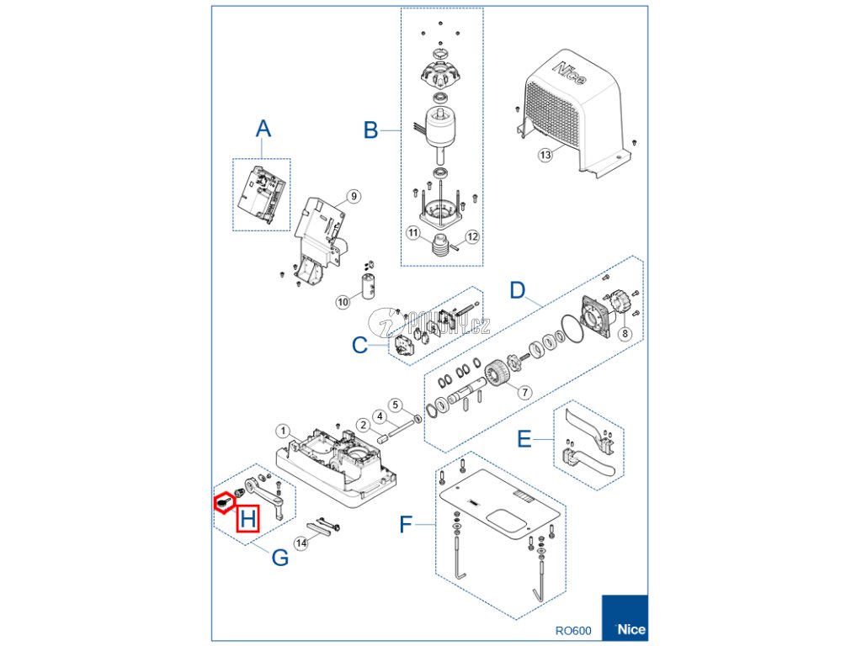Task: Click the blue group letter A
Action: (x=263, y=129)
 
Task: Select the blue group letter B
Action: (x=370, y=130)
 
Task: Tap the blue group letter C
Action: (x=359, y=345)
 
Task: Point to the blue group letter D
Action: (x=518, y=291)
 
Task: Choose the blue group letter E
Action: (x=524, y=439)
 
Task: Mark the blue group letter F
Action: (x=406, y=526)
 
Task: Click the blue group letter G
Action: (x=279, y=556)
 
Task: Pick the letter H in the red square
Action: (x=247, y=519)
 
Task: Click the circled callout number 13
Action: (x=545, y=155)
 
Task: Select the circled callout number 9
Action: (x=354, y=196)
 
